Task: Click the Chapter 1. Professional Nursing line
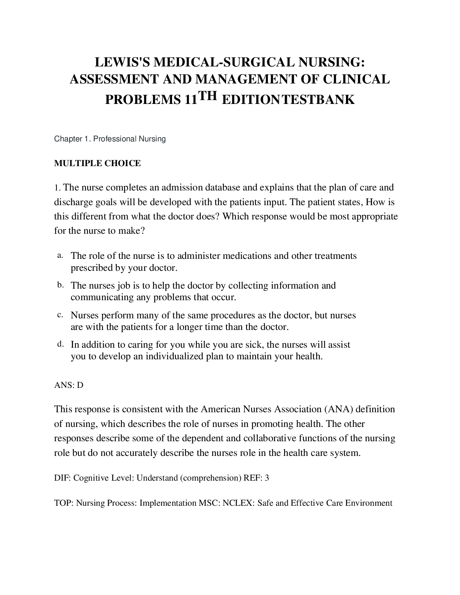[x=110, y=139]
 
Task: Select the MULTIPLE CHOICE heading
[x=97, y=163]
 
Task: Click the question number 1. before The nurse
[x=57, y=188]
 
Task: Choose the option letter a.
[x=60, y=255]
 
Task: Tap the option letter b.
[x=60, y=285]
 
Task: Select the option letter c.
[x=60, y=314]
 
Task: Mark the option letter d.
[x=60, y=343]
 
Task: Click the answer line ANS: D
[x=69, y=385]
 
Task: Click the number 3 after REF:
[x=267, y=478]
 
